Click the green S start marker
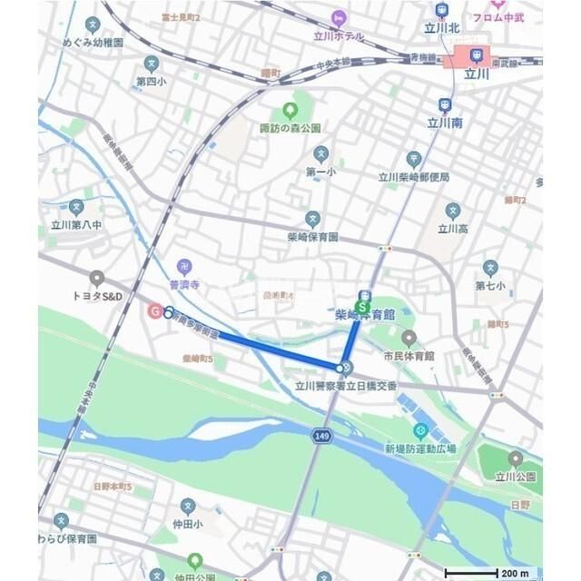pos(363,308)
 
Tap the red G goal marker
pos(155,310)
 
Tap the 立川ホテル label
pos(338,36)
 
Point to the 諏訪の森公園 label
pos(290,128)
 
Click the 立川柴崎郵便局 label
pos(413,177)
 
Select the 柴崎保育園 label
pos(312,236)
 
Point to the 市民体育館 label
pos(409,356)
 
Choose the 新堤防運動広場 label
pos(419,448)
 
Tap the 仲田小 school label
pos(188,524)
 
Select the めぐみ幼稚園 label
pos(94,41)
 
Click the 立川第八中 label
pos(76,224)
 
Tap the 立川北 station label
pos(441,26)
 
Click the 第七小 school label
pos(490,285)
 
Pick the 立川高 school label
pos(452,228)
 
